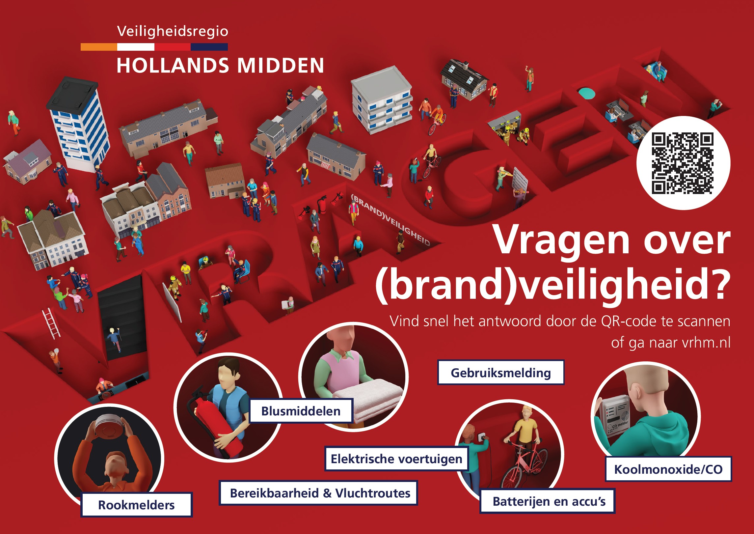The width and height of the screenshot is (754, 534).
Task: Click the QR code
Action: pyautogui.click(x=683, y=163)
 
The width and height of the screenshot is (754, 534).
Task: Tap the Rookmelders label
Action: pyautogui.click(x=136, y=505)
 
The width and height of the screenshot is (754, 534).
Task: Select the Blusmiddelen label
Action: pyautogui.click(x=301, y=411)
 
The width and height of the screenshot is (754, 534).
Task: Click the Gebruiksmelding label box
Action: pyautogui.click(x=501, y=373)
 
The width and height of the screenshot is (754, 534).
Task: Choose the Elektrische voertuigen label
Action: pyautogui.click(x=396, y=459)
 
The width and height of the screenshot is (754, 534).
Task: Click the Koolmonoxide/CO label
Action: pyautogui.click(x=668, y=469)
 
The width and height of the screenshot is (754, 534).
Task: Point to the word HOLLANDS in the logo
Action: pyautogui.click(x=173, y=65)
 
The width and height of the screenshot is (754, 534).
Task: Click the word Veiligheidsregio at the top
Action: pyautogui.click(x=173, y=32)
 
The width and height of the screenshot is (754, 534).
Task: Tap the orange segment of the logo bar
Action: pyautogui.click(x=99, y=47)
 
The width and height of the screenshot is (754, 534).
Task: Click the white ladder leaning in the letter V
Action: pyautogui.click(x=51, y=323)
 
